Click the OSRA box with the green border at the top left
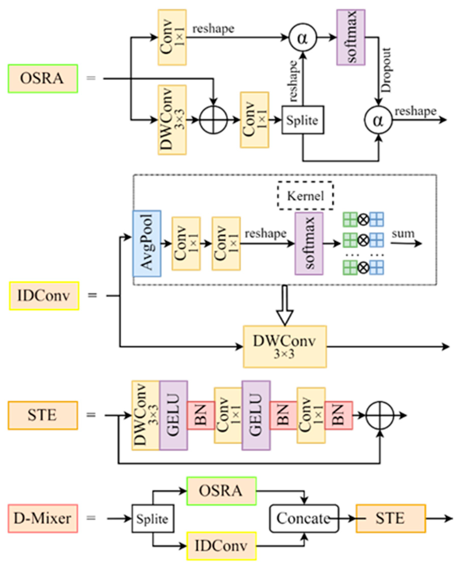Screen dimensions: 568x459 tap(43, 78)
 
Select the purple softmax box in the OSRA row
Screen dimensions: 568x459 tap(351, 37)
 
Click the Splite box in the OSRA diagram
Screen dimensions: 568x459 tap(302, 120)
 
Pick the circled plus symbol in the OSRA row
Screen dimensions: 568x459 tap(213, 120)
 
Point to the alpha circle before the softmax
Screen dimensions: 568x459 tap(302, 38)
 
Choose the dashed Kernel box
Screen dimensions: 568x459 tap(305, 196)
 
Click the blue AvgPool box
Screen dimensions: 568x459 tap(147, 243)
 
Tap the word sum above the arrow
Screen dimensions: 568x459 tap(403, 234)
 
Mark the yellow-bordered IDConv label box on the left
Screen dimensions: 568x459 tap(44, 296)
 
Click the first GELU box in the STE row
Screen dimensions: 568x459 tap(173, 415)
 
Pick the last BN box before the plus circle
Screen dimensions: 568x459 tap(338, 415)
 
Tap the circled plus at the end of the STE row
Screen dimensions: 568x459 tap(380, 415)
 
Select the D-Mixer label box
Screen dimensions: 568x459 tap(43, 519)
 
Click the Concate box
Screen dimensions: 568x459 tap(304, 519)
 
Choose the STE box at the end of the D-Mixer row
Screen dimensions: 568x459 tap(390, 519)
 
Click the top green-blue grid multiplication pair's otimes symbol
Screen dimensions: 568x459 tap(364, 219)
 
